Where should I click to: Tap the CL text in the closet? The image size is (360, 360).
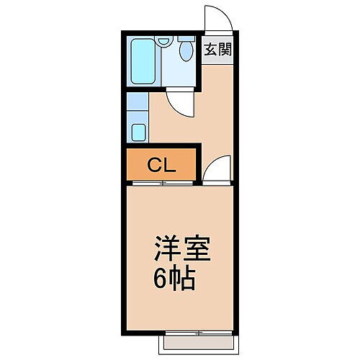(x=161, y=165)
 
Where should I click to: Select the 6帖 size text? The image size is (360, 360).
(x=174, y=278)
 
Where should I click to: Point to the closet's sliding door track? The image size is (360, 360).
(x=162, y=183)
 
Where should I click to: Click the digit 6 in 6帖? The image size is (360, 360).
(x=161, y=278)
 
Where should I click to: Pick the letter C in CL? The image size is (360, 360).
(x=154, y=165)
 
